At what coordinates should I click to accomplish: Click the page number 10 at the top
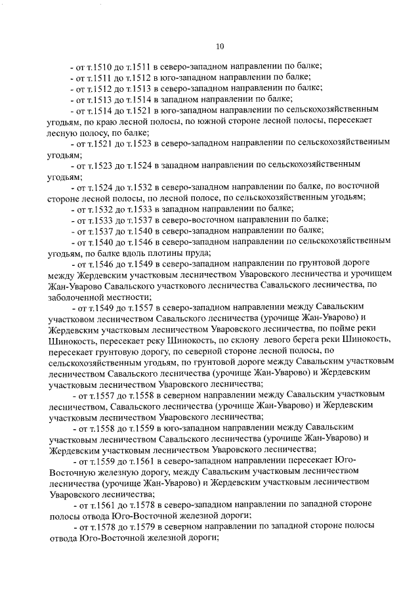click(219, 46)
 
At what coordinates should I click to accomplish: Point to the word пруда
click(192, 252)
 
